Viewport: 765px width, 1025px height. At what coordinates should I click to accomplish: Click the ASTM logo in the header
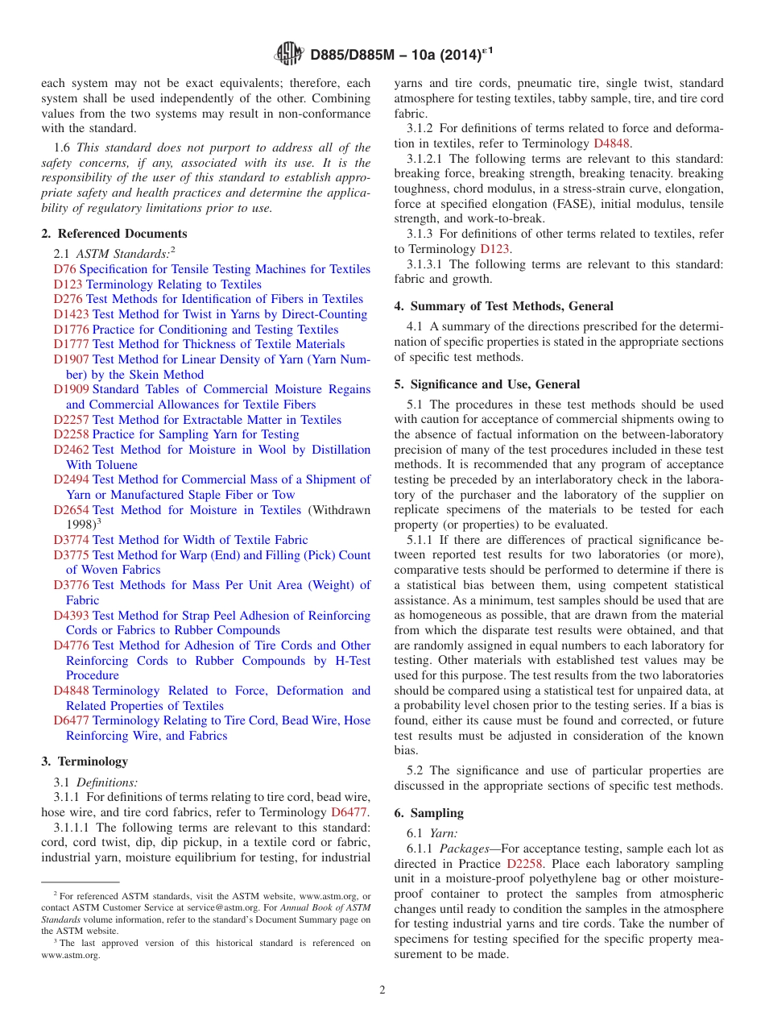coord(288,54)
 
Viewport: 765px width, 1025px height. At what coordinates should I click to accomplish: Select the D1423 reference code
coord(72,314)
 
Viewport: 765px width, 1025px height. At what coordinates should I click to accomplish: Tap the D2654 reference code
coord(72,510)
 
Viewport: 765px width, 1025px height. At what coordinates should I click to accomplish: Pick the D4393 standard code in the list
coord(72,616)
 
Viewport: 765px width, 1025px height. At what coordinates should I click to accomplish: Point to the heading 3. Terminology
coord(84,761)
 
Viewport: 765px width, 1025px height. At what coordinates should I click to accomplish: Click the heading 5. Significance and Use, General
coord(486,384)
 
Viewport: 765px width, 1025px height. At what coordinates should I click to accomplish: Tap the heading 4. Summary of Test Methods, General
coord(503,306)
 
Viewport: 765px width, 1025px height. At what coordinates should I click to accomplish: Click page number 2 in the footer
coord(382,990)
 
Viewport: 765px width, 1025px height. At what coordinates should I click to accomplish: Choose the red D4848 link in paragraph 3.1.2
coord(612,143)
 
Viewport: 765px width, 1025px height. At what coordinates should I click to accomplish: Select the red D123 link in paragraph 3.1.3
coord(494,249)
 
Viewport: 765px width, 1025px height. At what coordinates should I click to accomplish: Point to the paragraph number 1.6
coord(62,147)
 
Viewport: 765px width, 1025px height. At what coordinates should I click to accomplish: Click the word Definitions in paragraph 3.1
coord(106,782)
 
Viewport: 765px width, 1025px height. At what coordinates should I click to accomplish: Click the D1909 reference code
coord(72,389)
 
